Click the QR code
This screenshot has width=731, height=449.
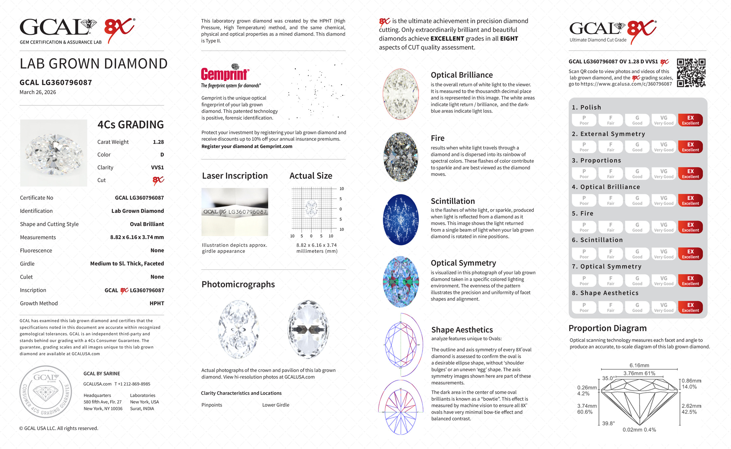[691, 73]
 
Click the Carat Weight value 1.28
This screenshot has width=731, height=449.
[158, 142]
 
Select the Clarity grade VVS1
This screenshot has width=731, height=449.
[157, 168]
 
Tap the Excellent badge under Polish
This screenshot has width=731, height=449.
[690, 120]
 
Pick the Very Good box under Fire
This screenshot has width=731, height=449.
[664, 227]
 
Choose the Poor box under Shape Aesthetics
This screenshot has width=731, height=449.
[584, 307]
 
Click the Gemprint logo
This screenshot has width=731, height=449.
[225, 74]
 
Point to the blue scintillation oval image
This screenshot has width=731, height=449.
[401, 220]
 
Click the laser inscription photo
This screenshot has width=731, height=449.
[235, 212]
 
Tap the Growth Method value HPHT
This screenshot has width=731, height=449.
[157, 303]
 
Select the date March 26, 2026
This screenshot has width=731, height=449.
[38, 92]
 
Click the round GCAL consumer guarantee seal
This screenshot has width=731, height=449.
[46, 392]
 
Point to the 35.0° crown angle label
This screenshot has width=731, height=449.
[608, 378]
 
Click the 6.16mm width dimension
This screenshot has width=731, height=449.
[639, 365]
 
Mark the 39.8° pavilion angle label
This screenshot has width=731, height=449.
[608, 423]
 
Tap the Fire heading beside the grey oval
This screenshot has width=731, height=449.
[437, 138]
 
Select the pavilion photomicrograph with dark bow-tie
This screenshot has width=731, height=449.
[308, 329]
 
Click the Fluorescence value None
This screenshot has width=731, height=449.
[157, 250]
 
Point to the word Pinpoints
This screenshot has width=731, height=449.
[212, 405]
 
